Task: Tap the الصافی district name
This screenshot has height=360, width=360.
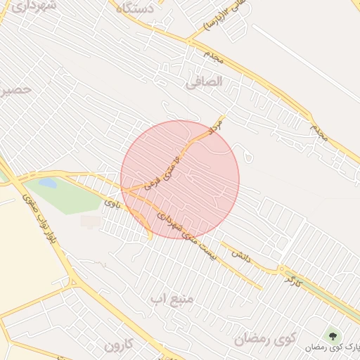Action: pos(204,82)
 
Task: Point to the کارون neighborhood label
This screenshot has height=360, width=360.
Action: pos(118,345)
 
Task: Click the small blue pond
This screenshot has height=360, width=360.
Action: pos(47,184)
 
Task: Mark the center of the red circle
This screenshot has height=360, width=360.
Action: pos(180,179)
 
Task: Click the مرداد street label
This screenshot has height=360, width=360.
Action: pos(214,127)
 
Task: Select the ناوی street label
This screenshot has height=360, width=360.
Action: pos(112,205)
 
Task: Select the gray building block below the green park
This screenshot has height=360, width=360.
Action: pos(91,221)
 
